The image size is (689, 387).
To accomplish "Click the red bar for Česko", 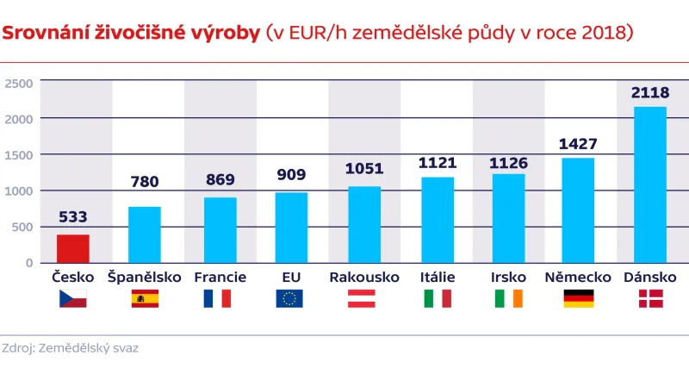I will pos(73,248).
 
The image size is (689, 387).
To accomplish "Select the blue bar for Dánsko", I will pos(650,184).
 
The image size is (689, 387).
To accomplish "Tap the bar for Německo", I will pos(578,210).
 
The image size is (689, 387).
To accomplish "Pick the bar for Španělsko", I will pos(145,234).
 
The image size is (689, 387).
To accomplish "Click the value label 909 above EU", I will pos(291,176).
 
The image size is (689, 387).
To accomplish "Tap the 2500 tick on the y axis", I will pos(19,83).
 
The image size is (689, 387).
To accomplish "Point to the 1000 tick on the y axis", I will pos(19,190).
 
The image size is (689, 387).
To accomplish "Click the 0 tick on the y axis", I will pos(28,263).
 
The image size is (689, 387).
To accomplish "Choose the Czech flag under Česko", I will pos(73,298).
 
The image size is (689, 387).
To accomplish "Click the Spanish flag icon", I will pos(145,298).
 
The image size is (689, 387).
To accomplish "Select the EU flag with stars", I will pos(290,298).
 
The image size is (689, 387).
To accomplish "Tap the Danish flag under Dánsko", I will pos(650,298).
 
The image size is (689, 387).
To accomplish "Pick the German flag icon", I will pos(578,298).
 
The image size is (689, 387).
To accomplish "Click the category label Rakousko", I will pos(364,277).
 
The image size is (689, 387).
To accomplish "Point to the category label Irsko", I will pos(507,277).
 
